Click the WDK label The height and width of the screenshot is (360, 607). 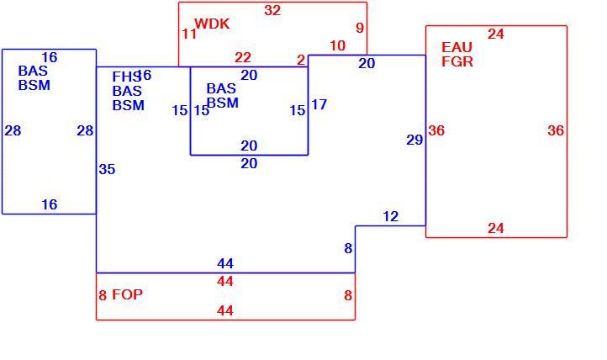point(212,24)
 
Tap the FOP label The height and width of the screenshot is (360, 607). point(127,294)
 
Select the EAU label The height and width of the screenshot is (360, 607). point(457,47)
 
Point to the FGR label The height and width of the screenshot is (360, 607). point(457,61)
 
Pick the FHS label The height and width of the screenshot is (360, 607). point(126,77)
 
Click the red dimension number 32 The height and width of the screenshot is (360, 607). point(272,10)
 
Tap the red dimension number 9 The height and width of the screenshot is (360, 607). point(360,28)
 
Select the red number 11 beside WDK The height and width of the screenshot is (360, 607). point(189,34)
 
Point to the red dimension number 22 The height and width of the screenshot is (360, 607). point(243,58)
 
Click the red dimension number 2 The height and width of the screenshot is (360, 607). point(301,60)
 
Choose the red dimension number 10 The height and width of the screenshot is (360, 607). point(338,45)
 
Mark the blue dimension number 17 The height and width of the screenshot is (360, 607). point(319,104)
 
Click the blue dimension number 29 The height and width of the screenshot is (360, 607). point(414,140)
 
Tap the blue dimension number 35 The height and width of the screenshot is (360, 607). point(108,169)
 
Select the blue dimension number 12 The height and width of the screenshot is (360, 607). point(391,216)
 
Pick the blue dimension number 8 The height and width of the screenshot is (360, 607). point(348,248)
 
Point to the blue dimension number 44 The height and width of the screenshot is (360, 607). point(225,263)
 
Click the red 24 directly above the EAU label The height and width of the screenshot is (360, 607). point(496,34)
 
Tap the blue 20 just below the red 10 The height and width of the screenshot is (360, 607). point(367,63)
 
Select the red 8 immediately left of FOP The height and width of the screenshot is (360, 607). point(103,295)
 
